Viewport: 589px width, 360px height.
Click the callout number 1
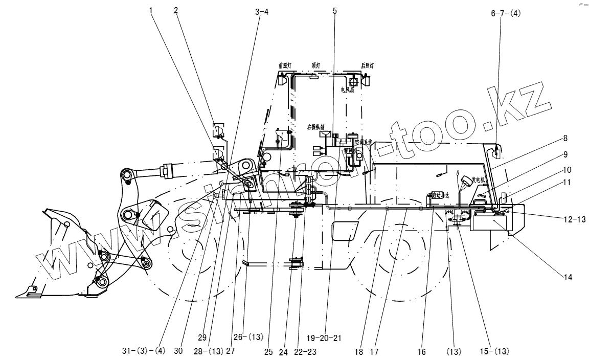coord(151,10)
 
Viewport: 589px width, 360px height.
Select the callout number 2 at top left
coord(176,10)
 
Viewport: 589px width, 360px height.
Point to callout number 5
coord(335,10)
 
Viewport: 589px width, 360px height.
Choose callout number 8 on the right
coord(566,138)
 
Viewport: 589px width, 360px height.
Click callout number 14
coord(568,277)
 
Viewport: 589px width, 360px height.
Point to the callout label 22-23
coord(306,352)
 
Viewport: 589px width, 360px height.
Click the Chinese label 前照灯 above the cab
coord(284,65)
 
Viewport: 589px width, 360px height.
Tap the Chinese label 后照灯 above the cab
coord(367,65)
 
